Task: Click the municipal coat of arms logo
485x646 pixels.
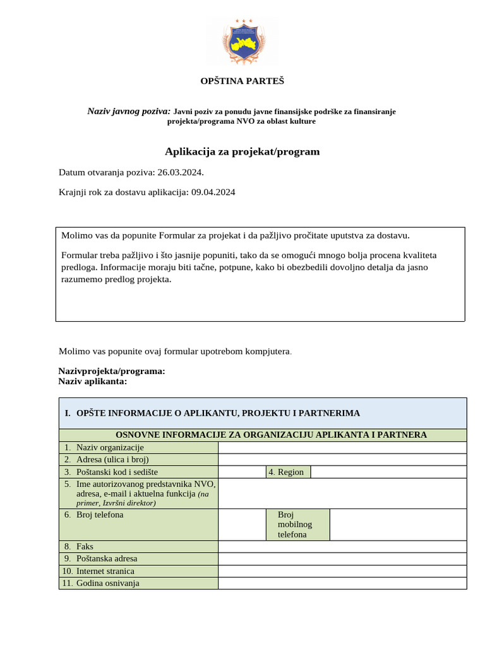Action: pos(242,43)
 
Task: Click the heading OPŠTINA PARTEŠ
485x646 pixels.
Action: pos(242,81)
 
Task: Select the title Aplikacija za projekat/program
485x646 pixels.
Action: pos(242,151)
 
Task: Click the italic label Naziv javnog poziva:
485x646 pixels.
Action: pos(129,111)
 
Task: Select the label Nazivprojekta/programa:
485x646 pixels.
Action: pos(112,371)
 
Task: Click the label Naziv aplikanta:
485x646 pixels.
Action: pos(92,381)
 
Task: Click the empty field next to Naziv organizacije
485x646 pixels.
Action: pos(342,447)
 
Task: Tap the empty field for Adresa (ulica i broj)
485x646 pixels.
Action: pos(342,459)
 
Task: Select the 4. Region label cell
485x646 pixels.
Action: pos(287,472)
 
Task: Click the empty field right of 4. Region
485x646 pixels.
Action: pos(388,472)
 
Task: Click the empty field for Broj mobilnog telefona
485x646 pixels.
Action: pos(398,524)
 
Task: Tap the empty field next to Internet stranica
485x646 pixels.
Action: pos(342,571)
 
